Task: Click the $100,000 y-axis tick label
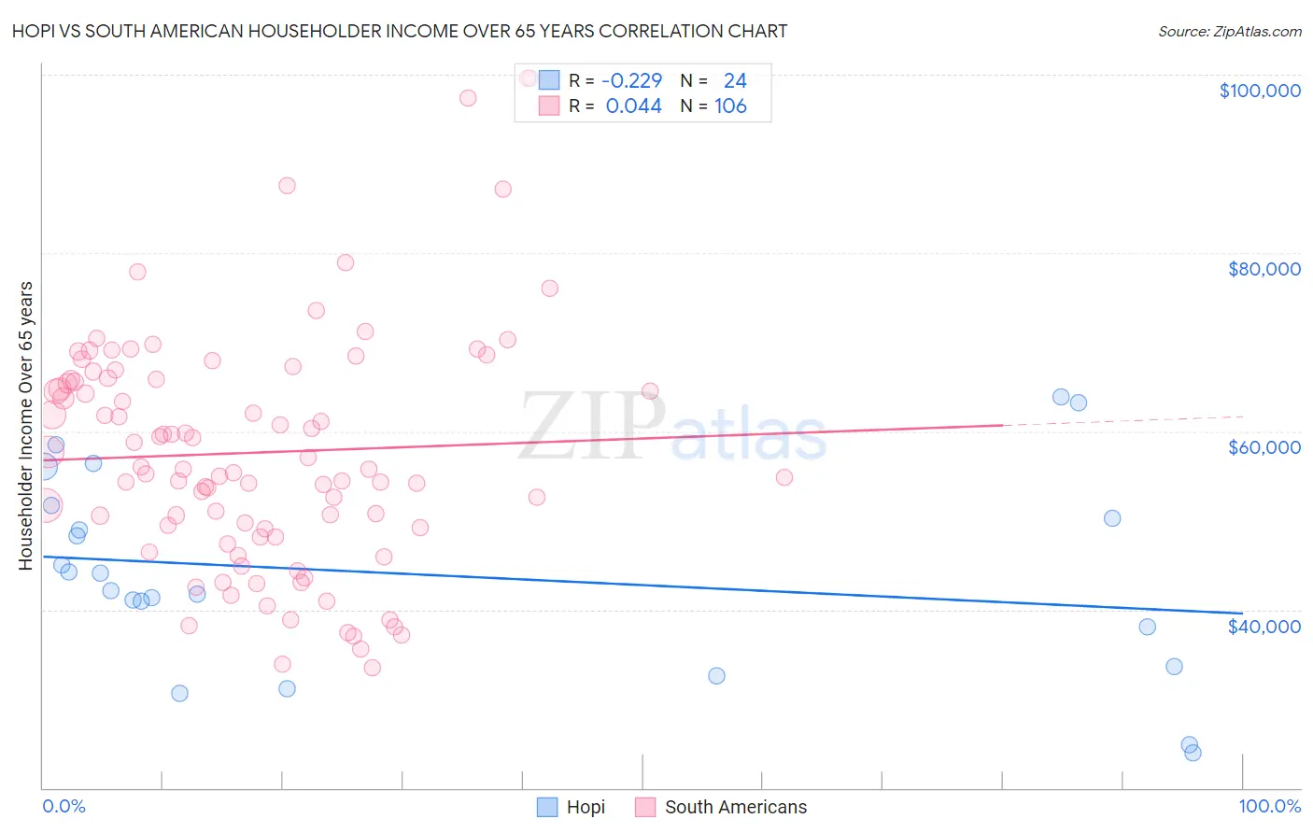(1259, 91)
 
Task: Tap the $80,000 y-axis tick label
(1264, 269)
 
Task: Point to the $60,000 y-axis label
(1264, 447)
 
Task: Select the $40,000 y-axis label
(1264, 627)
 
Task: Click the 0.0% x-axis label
(64, 807)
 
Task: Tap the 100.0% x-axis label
(1269, 807)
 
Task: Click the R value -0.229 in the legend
(631, 81)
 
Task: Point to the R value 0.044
(633, 106)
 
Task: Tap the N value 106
(730, 106)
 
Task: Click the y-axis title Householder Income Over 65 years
(26, 426)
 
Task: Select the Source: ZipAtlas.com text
(1229, 32)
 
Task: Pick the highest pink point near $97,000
(468, 98)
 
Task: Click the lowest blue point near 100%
(1193, 753)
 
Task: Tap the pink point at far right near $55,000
(784, 477)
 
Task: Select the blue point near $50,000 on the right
(1112, 518)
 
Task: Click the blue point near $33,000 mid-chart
(716, 676)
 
